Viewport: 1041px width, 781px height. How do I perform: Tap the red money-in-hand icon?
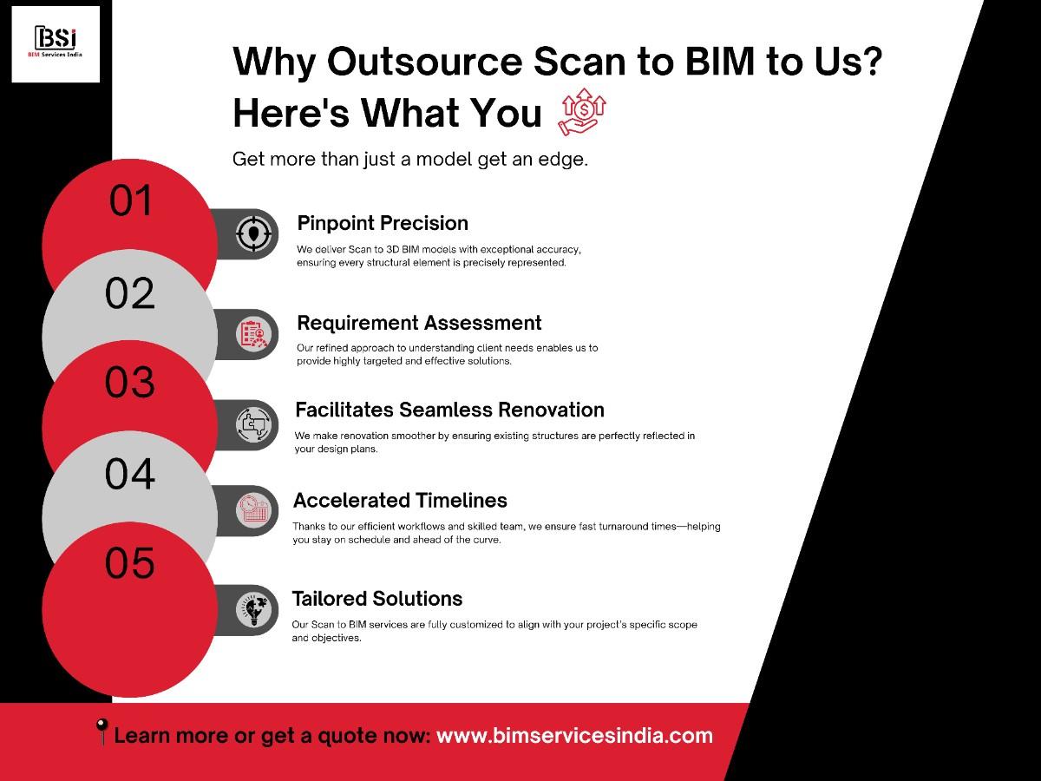coord(583,112)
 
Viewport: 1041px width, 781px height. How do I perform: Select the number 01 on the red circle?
coord(130,200)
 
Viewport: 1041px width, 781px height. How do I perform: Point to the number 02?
coord(129,293)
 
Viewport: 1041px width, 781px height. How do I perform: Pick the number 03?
coord(129,382)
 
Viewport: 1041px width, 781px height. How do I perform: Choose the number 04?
coord(129,473)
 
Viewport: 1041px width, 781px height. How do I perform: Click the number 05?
coord(129,562)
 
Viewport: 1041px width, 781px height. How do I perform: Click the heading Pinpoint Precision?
coord(383,223)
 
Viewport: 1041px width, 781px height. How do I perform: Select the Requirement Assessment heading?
coord(419,323)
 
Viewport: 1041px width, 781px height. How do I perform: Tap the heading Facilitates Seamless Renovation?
coord(449,410)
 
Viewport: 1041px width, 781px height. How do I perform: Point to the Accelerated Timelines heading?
coord(400,501)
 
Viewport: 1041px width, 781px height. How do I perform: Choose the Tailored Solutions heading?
coord(377,599)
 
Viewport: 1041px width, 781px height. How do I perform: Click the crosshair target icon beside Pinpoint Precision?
coord(253,233)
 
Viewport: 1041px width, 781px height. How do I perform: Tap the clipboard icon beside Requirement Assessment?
coord(253,334)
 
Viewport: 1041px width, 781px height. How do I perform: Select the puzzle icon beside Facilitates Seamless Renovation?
coord(253,425)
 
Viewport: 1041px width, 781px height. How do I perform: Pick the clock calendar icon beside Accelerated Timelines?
coord(253,511)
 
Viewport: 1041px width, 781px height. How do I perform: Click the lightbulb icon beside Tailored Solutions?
coord(253,610)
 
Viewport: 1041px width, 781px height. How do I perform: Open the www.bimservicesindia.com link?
coord(574,736)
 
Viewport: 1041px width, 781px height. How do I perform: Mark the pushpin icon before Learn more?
coord(101,732)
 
